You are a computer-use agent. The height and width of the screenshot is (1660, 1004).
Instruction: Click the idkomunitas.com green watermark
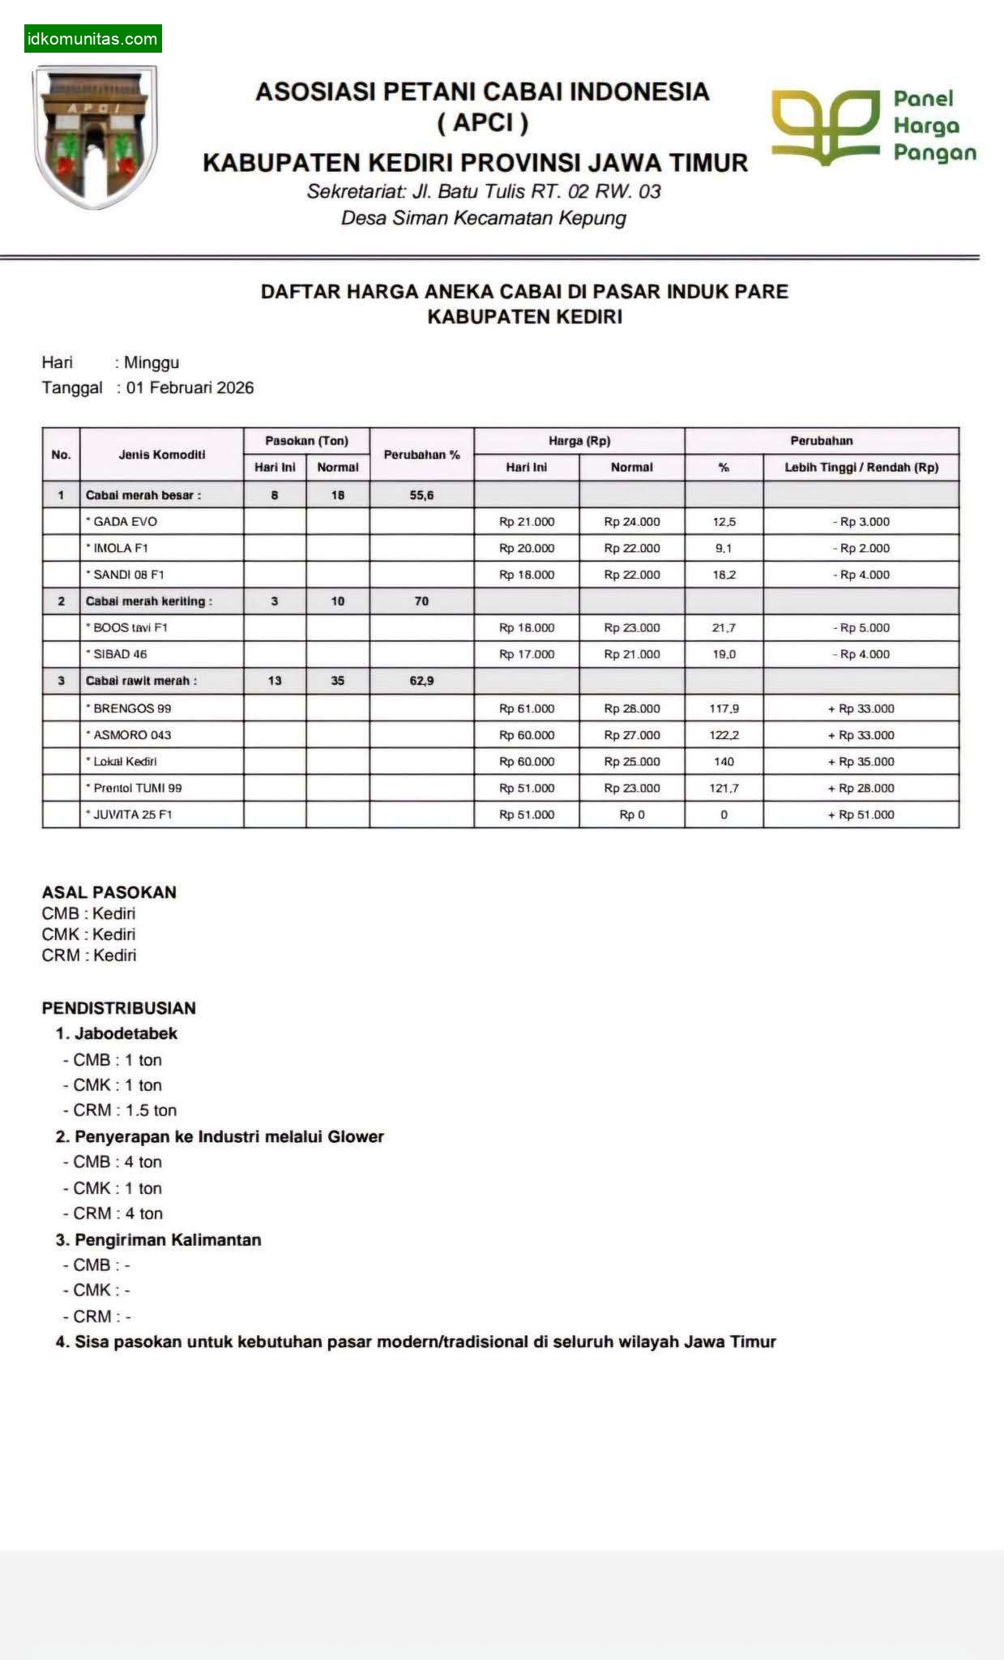coord(92,39)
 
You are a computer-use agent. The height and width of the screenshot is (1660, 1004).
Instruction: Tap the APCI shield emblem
coord(94,136)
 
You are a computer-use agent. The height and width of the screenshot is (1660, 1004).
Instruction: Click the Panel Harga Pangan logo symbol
coord(825,126)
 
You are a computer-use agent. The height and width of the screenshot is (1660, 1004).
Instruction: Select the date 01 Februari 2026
coord(190,387)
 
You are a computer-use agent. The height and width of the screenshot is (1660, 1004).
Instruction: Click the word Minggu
coord(152,362)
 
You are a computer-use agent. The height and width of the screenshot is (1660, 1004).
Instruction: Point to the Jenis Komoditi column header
coord(162,455)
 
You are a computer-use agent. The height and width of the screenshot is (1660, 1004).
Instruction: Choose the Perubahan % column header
coord(421,455)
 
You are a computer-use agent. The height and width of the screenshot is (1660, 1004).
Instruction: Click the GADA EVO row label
coord(125,521)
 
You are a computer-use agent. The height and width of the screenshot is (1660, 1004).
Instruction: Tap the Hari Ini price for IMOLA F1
coord(527,548)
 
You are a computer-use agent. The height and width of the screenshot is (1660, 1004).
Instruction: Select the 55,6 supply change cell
coord(421,494)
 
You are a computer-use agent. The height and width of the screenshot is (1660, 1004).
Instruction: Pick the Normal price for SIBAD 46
coord(632,654)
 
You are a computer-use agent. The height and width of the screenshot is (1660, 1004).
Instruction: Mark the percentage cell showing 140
coord(724,761)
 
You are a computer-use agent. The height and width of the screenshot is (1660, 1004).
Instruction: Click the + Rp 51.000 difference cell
coord(861,815)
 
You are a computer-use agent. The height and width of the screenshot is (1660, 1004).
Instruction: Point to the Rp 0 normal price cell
coord(632,815)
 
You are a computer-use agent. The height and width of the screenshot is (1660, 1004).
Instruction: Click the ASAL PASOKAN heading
coord(109,892)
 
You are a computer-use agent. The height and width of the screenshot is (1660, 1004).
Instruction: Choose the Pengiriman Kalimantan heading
coord(168,1239)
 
